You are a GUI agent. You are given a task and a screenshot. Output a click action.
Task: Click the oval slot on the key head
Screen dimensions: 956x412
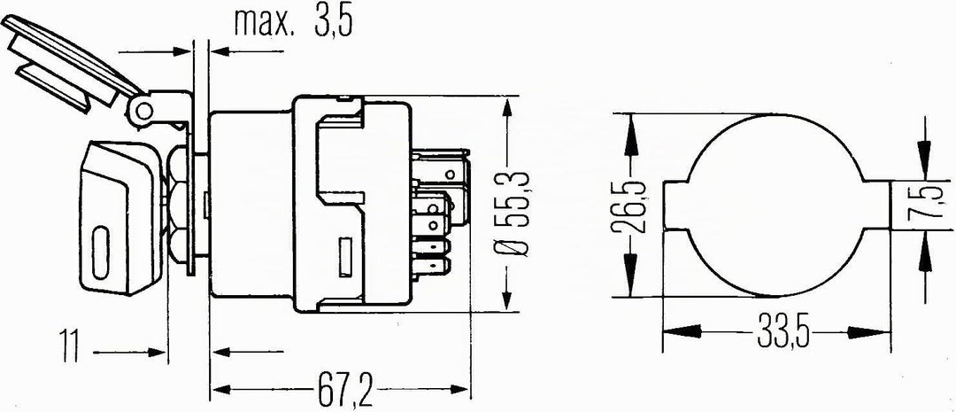click(101, 253)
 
